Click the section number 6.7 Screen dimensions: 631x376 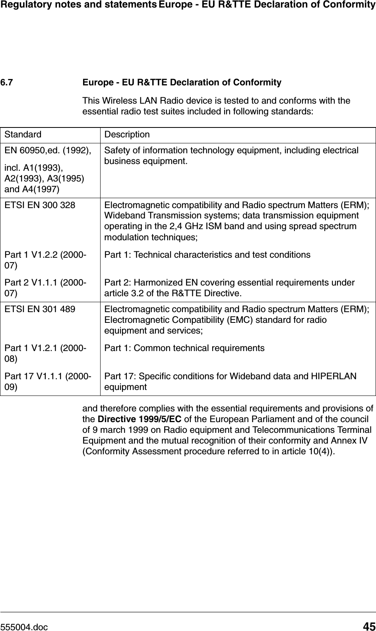(6, 83)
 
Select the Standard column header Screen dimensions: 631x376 (23, 135)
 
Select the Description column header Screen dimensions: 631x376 (127, 135)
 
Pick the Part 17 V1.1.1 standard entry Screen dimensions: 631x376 (46, 376)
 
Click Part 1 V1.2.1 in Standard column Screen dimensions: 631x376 (44, 348)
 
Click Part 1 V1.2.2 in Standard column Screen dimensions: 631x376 (44, 254)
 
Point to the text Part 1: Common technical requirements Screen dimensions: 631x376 (184, 348)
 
